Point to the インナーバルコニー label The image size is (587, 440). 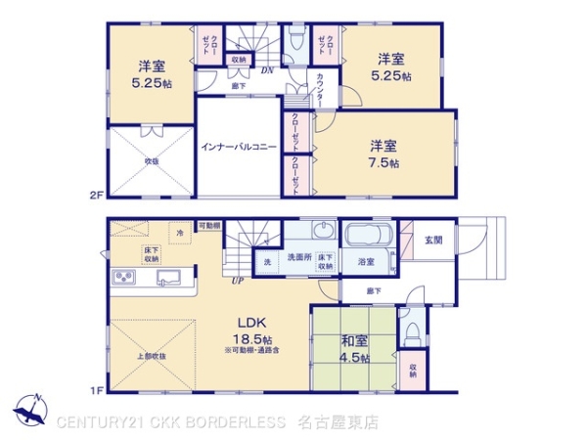(x=236, y=147)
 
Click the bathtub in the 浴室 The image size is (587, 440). (x=368, y=239)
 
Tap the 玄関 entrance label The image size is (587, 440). (x=433, y=240)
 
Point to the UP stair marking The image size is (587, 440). (x=237, y=282)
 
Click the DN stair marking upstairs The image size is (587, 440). (x=265, y=69)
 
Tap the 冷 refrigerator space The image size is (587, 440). (x=180, y=234)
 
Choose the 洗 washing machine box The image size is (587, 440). (x=267, y=263)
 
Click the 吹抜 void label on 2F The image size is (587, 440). (x=154, y=160)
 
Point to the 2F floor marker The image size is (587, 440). (x=96, y=196)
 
